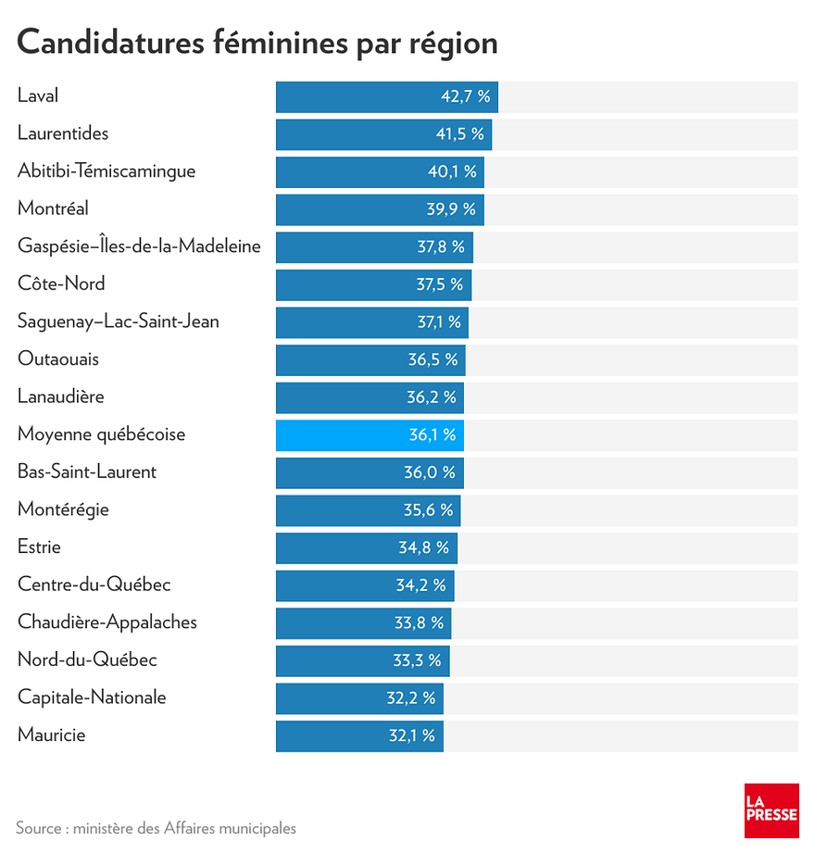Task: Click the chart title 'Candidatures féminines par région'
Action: (257, 43)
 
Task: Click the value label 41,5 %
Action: (459, 134)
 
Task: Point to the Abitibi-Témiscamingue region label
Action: (107, 171)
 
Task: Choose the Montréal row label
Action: (53, 209)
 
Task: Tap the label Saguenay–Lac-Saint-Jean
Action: (118, 322)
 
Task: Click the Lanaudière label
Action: (60, 397)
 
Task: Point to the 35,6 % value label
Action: (428, 510)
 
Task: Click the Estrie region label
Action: (39, 547)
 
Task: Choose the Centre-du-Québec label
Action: (94, 585)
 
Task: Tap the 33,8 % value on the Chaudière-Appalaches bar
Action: (419, 622)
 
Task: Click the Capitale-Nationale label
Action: (92, 698)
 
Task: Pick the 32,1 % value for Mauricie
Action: (410, 736)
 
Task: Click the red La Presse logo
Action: (771, 809)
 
